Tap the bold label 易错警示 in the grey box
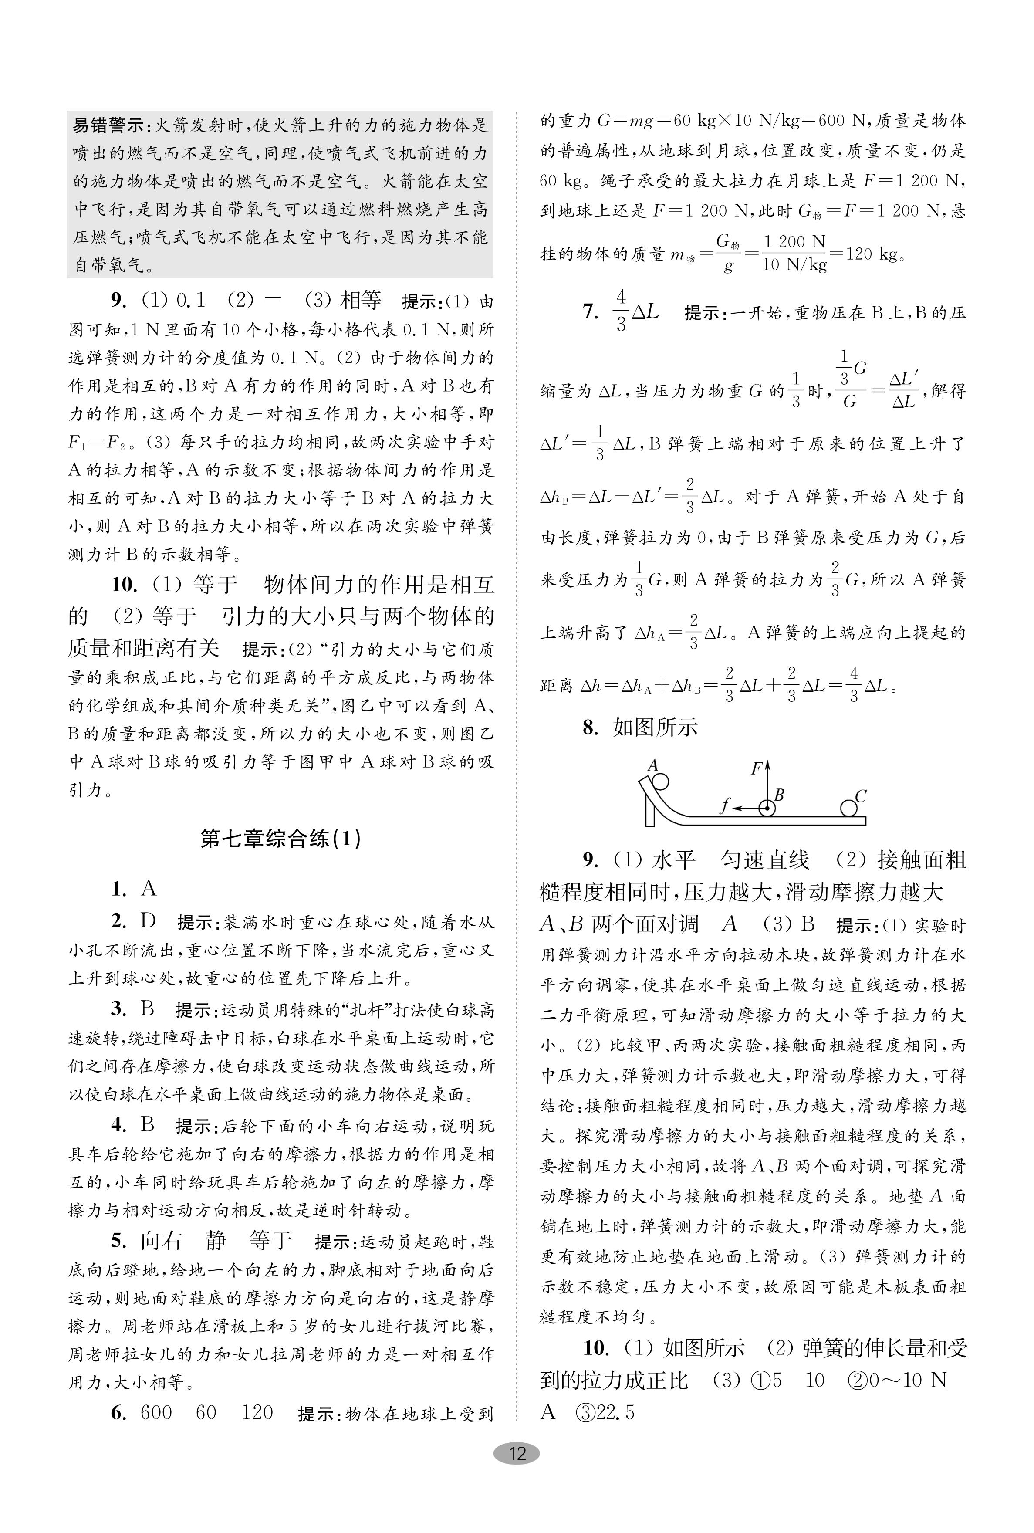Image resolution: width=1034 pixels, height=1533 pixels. [109, 125]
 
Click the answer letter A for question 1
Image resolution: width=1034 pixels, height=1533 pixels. [149, 889]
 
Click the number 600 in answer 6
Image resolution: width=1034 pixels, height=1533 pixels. [156, 1412]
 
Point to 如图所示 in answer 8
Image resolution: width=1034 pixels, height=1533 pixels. [655, 727]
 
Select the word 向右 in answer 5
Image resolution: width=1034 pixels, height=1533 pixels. [161, 1241]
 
